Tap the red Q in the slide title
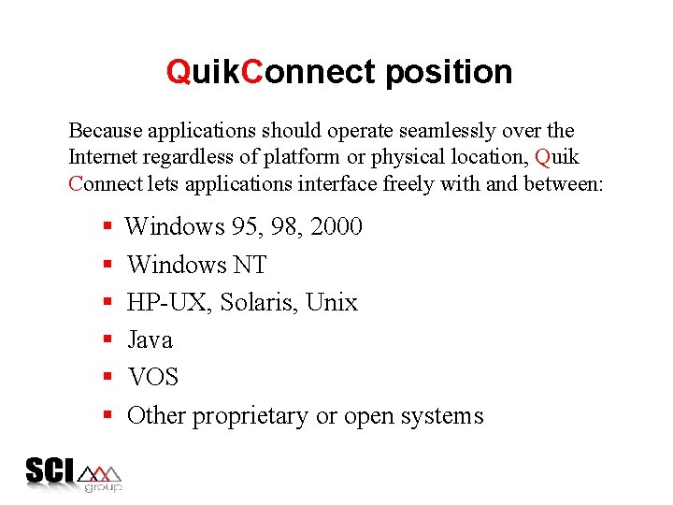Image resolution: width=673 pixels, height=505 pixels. coord(178,72)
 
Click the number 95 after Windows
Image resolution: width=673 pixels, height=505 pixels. coord(246,226)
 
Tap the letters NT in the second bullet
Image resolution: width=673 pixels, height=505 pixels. coord(249,265)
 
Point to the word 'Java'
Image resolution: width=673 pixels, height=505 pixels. coord(150,339)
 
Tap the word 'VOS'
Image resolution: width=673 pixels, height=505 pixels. coord(152,377)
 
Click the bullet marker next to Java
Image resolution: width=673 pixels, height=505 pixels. coord(108,339)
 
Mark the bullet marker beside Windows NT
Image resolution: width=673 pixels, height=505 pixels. coord(108,265)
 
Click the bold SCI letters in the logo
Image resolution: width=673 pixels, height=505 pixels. coord(50,469)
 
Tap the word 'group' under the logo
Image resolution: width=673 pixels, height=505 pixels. coord(103,487)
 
